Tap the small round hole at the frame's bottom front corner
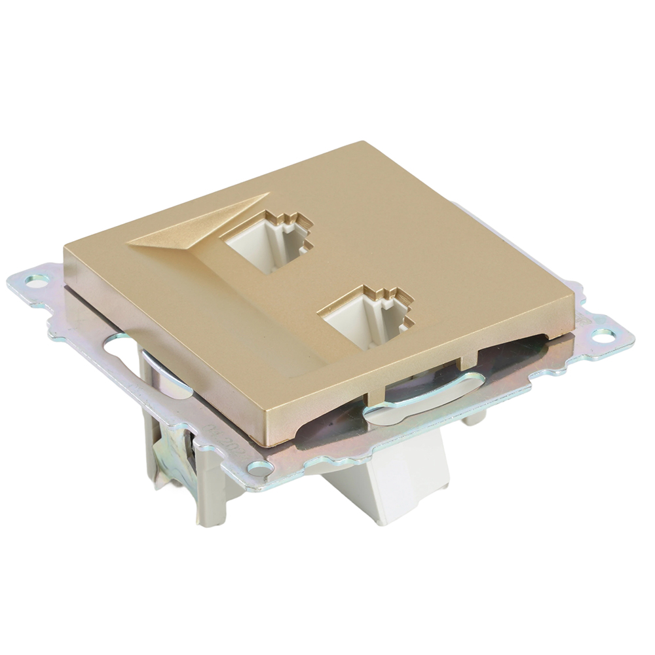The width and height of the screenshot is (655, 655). (x=260, y=468)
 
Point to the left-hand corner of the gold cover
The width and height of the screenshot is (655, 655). (x=65, y=248)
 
